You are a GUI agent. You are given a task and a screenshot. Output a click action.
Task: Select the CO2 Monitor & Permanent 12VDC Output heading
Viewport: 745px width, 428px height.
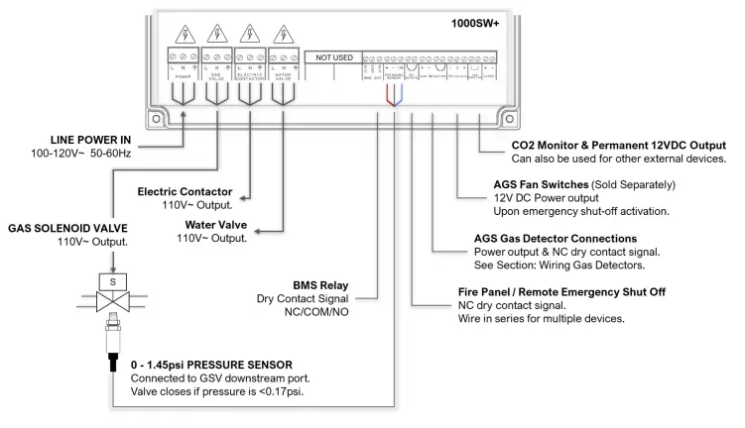pyautogui.click(x=609, y=146)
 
